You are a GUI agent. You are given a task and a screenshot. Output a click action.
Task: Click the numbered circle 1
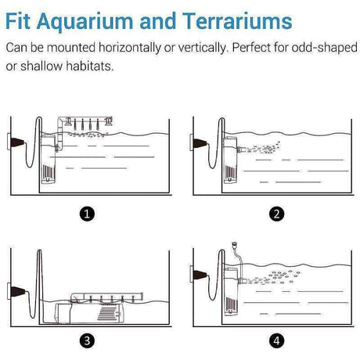click(87, 214)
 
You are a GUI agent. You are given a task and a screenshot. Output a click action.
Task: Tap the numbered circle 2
click(276, 214)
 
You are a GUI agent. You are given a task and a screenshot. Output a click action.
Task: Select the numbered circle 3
click(87, 340)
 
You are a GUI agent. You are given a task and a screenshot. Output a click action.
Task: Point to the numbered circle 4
click(276, 340)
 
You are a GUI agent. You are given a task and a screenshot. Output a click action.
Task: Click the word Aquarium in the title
click(85, 21)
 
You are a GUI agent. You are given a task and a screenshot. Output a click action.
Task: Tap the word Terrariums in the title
click(237, 21)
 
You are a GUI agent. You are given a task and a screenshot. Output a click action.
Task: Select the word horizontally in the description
click(130, 48)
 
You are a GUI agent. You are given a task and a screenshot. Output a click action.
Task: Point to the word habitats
click(89, 66)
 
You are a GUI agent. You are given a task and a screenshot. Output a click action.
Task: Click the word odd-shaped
click(324, 48)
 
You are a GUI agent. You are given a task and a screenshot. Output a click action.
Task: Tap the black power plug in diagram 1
click(17, 142)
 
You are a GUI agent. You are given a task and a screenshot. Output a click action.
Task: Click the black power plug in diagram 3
click(18, 291)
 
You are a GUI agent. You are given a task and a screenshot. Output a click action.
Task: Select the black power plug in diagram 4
click(200, 275)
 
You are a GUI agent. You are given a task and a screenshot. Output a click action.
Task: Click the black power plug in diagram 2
click(200, 143)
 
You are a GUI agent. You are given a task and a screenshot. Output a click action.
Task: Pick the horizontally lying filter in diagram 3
click(88, 313)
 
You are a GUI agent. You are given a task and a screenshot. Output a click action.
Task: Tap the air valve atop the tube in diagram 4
click(235, 244)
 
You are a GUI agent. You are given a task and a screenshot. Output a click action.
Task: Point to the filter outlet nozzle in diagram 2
click(240, 149)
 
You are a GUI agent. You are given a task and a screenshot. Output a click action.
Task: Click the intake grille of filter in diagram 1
click(49, 171)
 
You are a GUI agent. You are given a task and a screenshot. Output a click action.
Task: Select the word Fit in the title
click(18, 21)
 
